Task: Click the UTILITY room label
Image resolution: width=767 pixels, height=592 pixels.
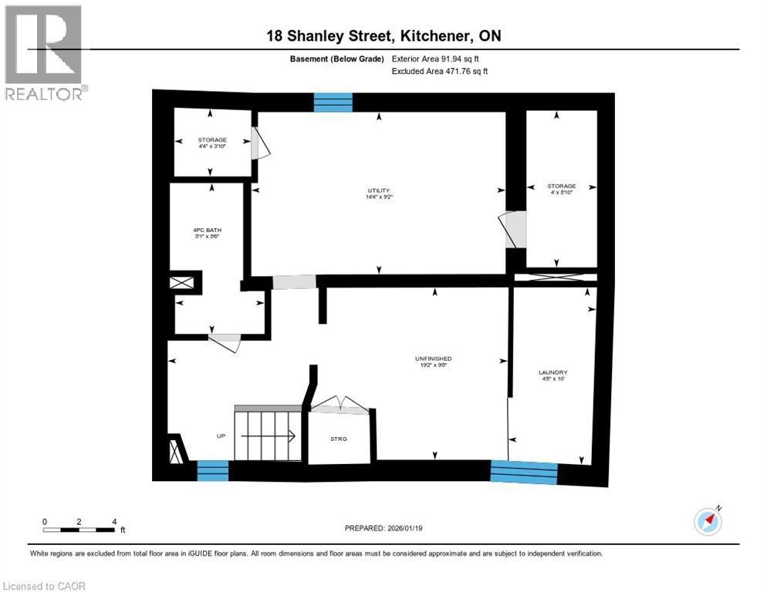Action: pos(378,190)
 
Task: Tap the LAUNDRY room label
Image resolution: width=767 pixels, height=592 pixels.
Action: pos(552,372)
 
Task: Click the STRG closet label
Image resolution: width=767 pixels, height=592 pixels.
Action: pos(339,439)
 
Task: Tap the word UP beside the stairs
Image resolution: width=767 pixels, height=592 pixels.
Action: pos(221,436)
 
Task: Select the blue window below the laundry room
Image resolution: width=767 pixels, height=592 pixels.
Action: pos(524,471)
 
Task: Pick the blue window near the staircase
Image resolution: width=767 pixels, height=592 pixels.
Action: pos(213,469)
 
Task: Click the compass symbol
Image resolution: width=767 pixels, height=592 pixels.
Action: pos(708,522)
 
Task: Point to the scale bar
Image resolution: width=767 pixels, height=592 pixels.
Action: pos(79,530)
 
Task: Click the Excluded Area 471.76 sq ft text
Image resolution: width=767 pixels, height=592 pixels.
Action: pos(440,71)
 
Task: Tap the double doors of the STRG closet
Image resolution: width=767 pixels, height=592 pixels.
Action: pos(336,405)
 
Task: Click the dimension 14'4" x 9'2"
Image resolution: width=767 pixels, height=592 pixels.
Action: pos(378,197)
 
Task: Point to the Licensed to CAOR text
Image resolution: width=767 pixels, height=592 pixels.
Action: pos(45,586)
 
